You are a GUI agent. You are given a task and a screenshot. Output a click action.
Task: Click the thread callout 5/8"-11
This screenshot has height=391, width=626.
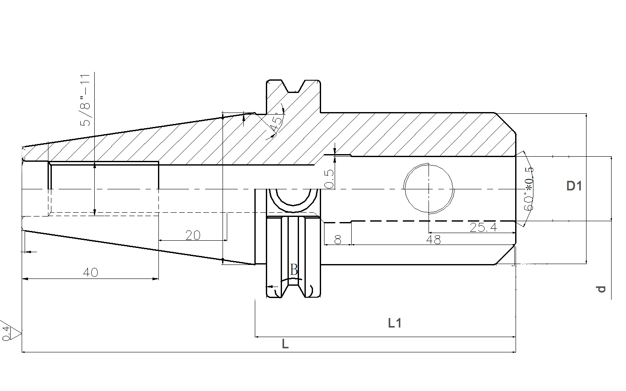tap(85, 100)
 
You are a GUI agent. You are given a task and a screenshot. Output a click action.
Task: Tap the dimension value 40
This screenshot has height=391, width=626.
tap(90, 272)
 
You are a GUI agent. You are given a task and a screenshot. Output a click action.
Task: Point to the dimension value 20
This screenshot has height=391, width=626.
tap(193, 236)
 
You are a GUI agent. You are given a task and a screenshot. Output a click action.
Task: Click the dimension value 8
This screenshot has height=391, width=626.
tap(338, 239)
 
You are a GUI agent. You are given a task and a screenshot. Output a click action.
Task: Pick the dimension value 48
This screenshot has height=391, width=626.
tap(434, 239)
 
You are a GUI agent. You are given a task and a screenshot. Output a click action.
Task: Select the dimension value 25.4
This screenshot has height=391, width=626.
tap(483, 228)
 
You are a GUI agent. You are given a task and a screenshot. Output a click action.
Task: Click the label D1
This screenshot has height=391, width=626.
tap(574, 186)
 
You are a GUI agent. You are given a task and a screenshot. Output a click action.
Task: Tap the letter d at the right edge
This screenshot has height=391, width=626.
tap(601, 289)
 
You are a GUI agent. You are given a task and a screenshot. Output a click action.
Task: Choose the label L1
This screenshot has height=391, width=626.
tap(395, 323)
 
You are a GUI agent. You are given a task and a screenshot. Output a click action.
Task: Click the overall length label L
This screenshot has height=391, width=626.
tap(285, 344)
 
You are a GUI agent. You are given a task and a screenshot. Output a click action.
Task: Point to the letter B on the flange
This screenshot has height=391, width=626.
tap(294, 270)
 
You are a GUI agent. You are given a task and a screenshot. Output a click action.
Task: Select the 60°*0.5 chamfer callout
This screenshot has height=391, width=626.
tap(528, 189)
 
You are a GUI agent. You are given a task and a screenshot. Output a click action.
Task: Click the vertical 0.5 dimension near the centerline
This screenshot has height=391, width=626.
tap(330, 179)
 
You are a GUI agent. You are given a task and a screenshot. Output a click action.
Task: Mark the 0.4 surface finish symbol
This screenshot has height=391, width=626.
tap(11, 331)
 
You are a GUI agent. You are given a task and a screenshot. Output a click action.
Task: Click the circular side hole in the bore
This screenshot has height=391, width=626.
tap(429, 189)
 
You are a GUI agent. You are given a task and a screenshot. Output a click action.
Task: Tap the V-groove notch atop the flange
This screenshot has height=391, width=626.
tap(293, 87)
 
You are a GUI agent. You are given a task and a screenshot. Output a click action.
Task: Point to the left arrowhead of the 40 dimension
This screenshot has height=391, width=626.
tap(25, 278)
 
